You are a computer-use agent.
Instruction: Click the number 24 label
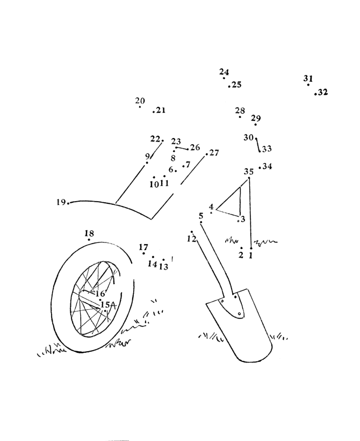[x=224, y=72]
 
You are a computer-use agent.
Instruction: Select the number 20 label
[x=140, y=101]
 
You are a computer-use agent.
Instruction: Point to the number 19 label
[x=61, y=202]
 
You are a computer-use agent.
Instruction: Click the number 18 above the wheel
[x=89, y=233]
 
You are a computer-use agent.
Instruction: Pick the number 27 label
[x=214, y=153]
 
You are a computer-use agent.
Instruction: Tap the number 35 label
[x=249, y=171]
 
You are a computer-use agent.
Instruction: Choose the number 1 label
[x=251, y=255]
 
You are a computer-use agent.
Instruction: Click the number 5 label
[x=200, y=216]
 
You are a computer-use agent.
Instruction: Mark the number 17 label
[x=143, y=247]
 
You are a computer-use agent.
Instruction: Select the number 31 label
[x=308, y=78]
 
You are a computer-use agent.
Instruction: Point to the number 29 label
[x=256, y=118]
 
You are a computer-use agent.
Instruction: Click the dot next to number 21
[x=154, y=112]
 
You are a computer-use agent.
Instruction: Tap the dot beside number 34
[x=260, y=168]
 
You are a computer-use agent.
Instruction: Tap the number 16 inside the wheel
[x=100, y=294]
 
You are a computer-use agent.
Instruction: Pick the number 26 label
[x=195, y=147]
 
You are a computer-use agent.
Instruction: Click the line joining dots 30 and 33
[x=258, y=145]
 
